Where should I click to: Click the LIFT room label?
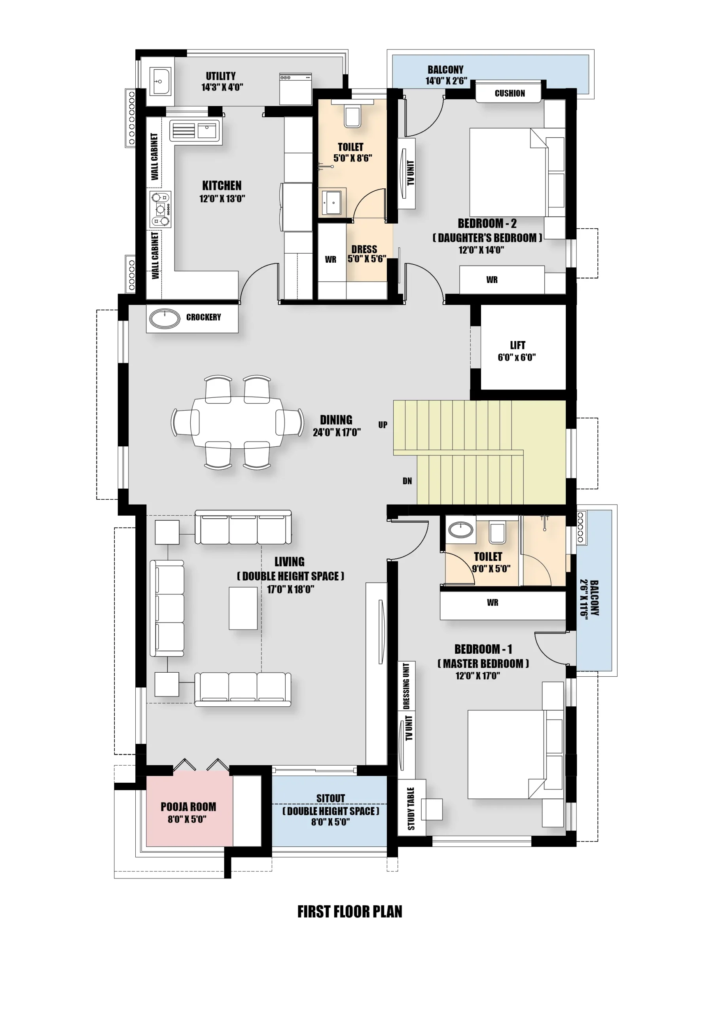[x=517, y=345]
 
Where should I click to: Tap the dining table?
[x=237, y=422]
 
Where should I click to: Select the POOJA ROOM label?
[x=188, y=806]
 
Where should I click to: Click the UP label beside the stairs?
[x=383, y=425]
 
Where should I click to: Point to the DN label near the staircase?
[x=407, y=481]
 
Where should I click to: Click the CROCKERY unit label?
[x=203, y=317]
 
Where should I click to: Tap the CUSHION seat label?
[x=510, y=93]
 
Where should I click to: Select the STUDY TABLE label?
[x=411, y=808]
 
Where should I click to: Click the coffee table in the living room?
[x=242, y=608]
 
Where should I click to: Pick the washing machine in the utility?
[x=295, y=89]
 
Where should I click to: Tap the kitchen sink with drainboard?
[x=195, y=131]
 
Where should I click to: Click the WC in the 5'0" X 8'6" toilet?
[x=352, y=116]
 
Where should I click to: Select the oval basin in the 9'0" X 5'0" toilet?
[x=460, y=529]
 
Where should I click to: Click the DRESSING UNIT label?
[x=406, y=686]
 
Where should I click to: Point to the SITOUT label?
[x=330, y=798]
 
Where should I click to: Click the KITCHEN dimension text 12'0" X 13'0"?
[x=222, y=199]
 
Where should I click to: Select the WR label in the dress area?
[x=330, y=260]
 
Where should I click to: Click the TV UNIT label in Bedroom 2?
[x=410, y=173]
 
